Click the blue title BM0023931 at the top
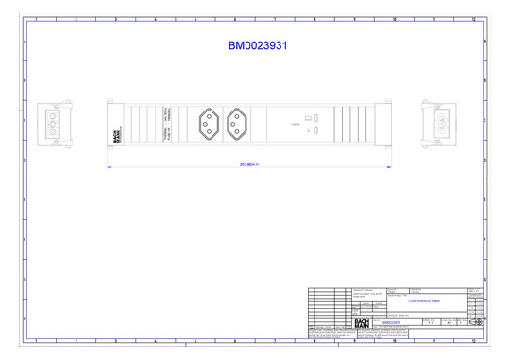tap(258, 45)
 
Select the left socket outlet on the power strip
tap(208, 123)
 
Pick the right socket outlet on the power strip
tap(237, 123)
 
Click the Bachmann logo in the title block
tap(361, 322)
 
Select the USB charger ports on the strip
tap(318, 123)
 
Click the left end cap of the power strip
tap(110, 123)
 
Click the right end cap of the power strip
tap(387, 123)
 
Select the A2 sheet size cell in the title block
tap(447, 322)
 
